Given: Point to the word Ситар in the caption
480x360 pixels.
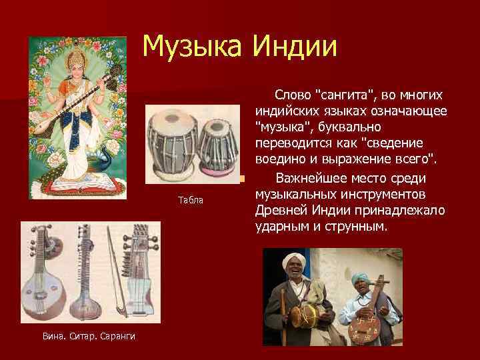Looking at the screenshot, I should click(84, 335).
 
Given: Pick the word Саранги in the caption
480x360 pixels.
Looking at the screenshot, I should click(119, 335).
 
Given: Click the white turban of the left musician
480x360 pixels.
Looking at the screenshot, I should click(295, 260).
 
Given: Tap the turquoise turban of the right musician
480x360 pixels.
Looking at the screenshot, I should click(361, 276).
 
